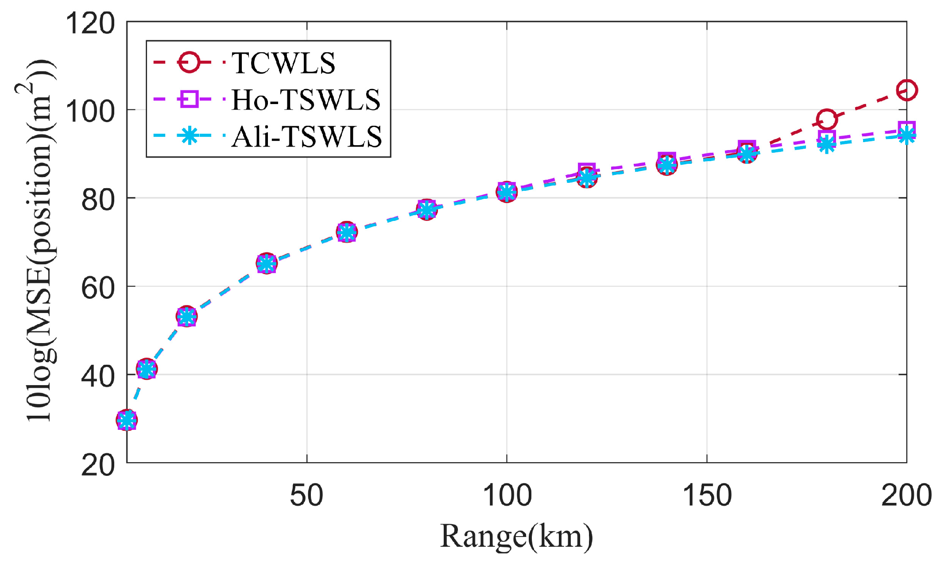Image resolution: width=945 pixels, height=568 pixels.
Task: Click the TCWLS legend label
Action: tap(283, 63)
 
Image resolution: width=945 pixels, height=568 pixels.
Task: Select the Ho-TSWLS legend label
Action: tap(306, 100)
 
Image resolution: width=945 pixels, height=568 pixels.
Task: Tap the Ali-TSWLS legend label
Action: tap(307, 136)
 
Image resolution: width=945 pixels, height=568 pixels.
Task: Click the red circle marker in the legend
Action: tap(189, 62)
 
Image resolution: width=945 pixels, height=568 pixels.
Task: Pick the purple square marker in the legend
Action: tap(189, 99)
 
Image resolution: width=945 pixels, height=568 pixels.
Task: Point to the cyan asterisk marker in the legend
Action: tap(189, 136)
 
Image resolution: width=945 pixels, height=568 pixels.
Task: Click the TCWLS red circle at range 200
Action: tap(906, 90)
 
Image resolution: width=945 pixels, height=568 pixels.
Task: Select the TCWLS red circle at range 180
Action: tap(827, 119)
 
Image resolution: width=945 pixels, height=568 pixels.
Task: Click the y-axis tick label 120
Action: tap(90, 23)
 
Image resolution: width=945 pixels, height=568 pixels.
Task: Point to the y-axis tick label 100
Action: tap(90, 111)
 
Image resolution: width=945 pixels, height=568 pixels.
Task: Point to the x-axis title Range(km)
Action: tap(516, 537)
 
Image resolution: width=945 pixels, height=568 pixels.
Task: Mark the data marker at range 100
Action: tap(507, 192)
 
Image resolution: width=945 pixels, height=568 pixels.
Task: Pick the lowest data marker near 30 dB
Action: tap(127, 420)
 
